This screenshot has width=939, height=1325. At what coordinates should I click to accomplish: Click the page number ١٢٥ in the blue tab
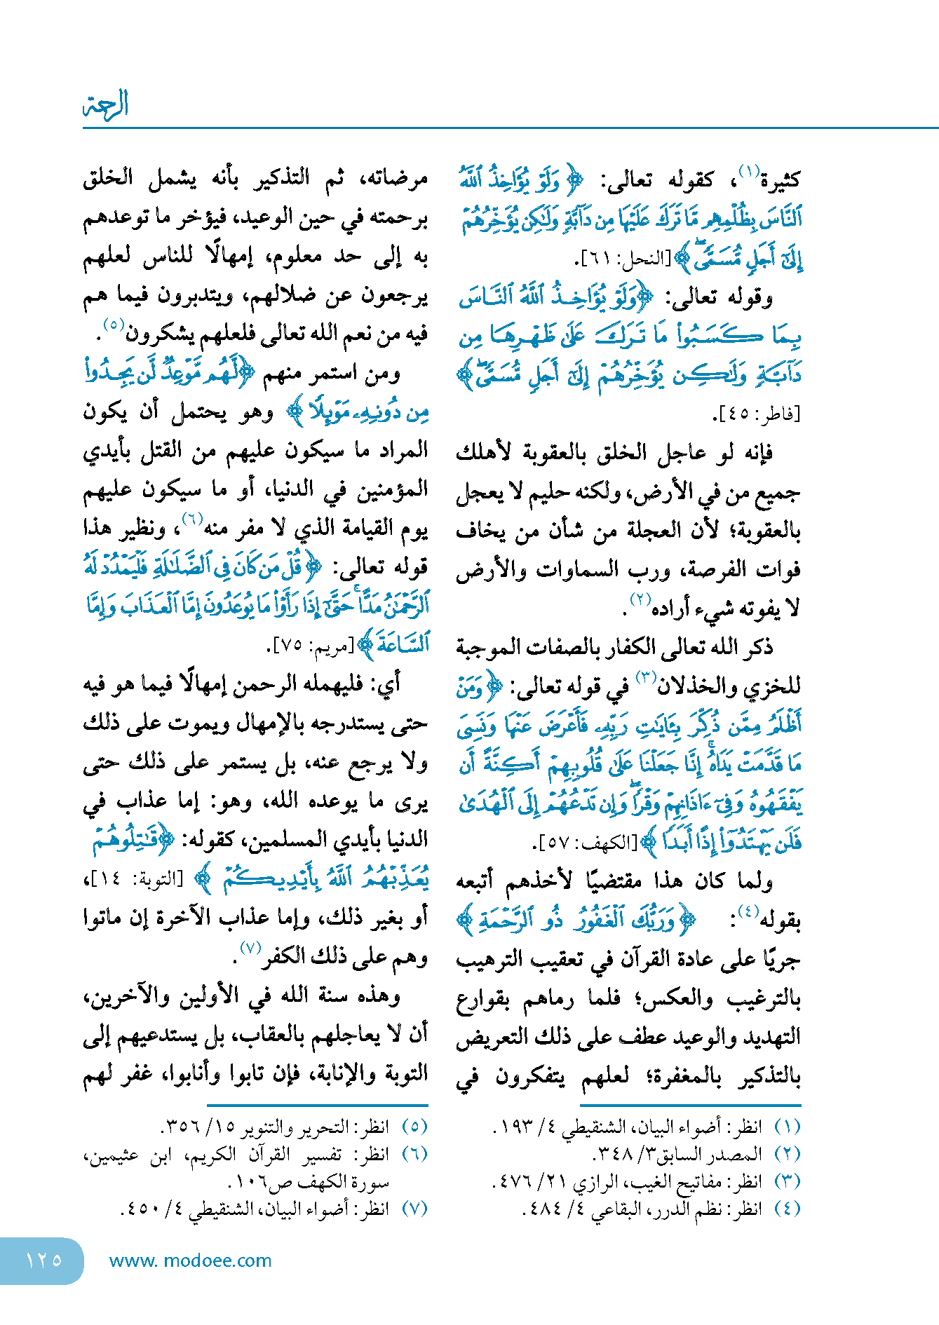pos(43,1260)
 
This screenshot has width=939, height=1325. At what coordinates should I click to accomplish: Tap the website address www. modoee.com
pos(190,1261)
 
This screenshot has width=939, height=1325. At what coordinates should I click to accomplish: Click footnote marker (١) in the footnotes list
pos(787,1127)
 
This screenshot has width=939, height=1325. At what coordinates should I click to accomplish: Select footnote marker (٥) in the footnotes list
pos(414,1127)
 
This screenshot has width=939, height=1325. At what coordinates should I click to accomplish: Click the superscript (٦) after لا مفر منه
pos(191,519)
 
